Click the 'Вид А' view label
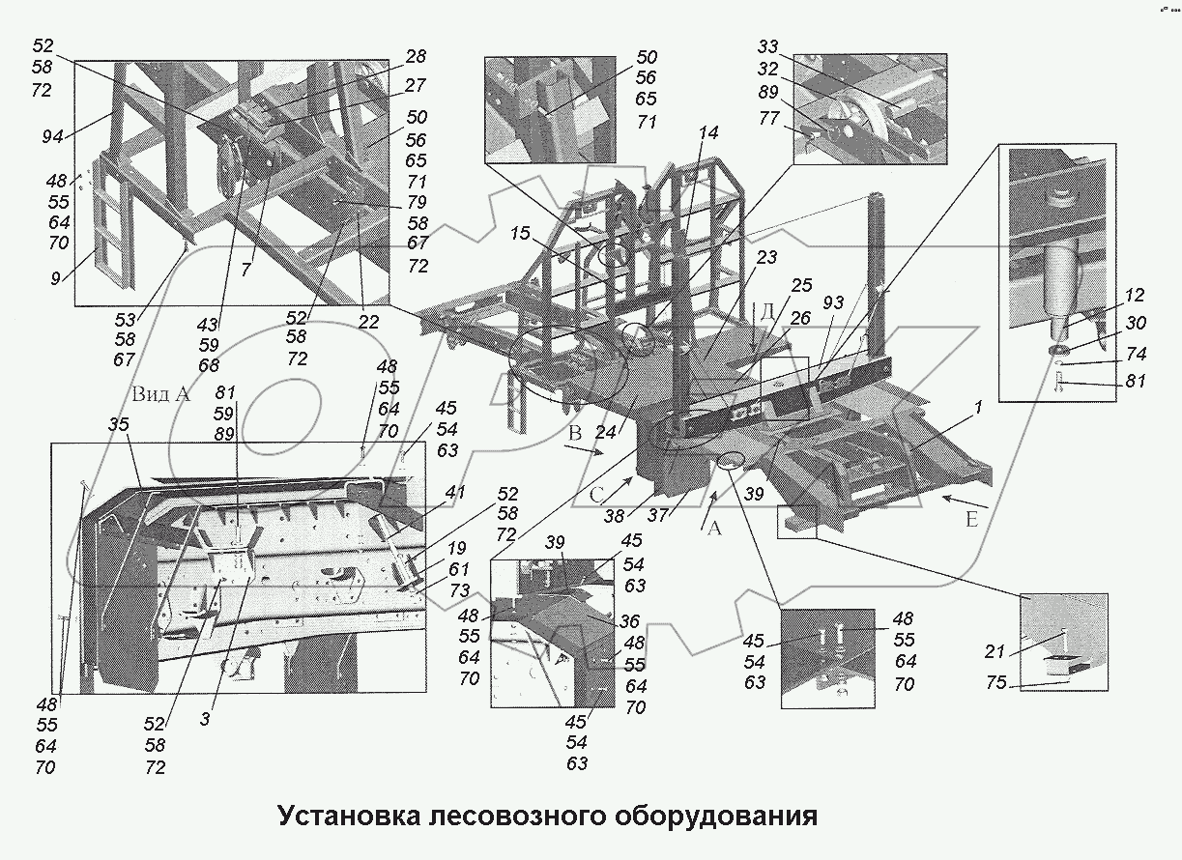(162, 395)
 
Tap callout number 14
(709, 133)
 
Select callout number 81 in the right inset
(1135, 382)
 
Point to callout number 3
(205, 718)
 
